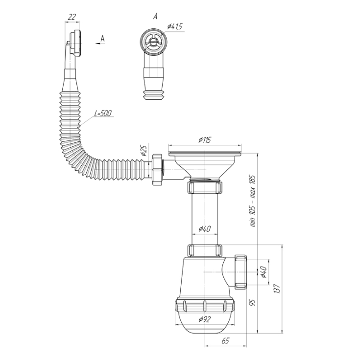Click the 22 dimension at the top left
pos(72,17)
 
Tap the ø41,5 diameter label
pos(175,26)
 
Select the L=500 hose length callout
pos(103,113)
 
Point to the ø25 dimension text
pos(144,150)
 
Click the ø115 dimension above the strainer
pos(205,140)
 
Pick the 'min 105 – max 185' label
pos(253,201)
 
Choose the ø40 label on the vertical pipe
pos(205,229)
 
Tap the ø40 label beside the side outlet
pos(264,272)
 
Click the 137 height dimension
pos(277,289)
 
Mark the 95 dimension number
pos(253,303)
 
